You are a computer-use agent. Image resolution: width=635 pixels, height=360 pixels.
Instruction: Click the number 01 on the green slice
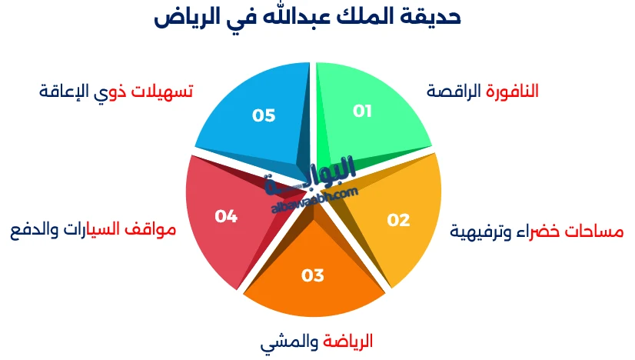coord(362,111)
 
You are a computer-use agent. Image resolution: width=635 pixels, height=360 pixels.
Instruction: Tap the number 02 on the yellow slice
coord(398,221)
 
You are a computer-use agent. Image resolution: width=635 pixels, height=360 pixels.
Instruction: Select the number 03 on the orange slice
coord(313,275)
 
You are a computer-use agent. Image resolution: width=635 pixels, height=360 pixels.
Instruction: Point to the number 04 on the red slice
coord(226,217)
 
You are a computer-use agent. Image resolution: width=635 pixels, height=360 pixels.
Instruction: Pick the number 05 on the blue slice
coord(264,115)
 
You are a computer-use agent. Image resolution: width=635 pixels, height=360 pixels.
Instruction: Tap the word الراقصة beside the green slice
coord(454,91)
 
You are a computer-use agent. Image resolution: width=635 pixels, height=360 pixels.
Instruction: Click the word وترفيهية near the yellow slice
coord(480,231)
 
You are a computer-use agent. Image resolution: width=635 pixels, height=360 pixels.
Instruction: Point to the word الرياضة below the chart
coord(348,340)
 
